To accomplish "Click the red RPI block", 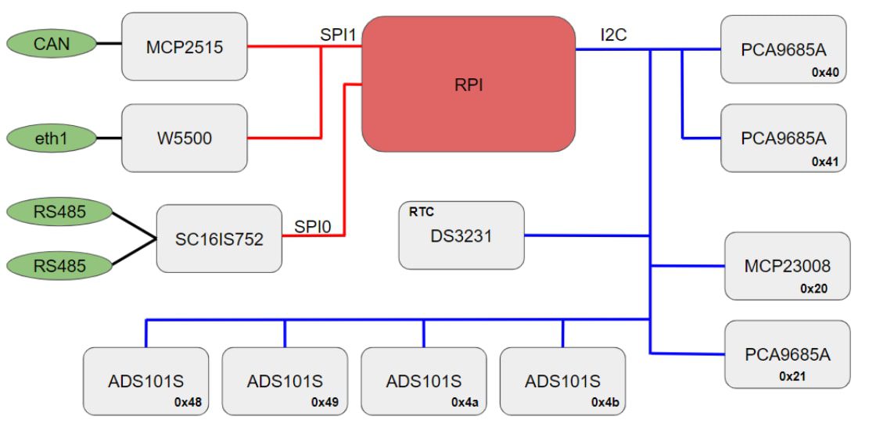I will [469, 84].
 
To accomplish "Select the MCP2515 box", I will [185, 47].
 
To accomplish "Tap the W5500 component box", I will [185, 138].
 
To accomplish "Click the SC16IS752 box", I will [219, 239].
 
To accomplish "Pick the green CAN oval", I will [51, 43].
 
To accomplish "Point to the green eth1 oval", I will [51, 138].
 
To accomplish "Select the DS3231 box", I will [461, 235].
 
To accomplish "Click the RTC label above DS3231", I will [421, 211].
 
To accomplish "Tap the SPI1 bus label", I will [338, 34].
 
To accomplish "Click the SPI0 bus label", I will [313, 227].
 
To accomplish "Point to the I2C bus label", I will [613, 34].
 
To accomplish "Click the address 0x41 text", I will [824, 162].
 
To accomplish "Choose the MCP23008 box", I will [787, 266].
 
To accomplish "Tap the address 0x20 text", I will [813, 289].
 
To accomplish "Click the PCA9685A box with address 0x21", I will [787, 354].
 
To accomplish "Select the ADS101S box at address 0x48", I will [146, 381].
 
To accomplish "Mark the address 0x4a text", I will [465, 403].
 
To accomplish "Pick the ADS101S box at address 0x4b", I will [562, 381].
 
